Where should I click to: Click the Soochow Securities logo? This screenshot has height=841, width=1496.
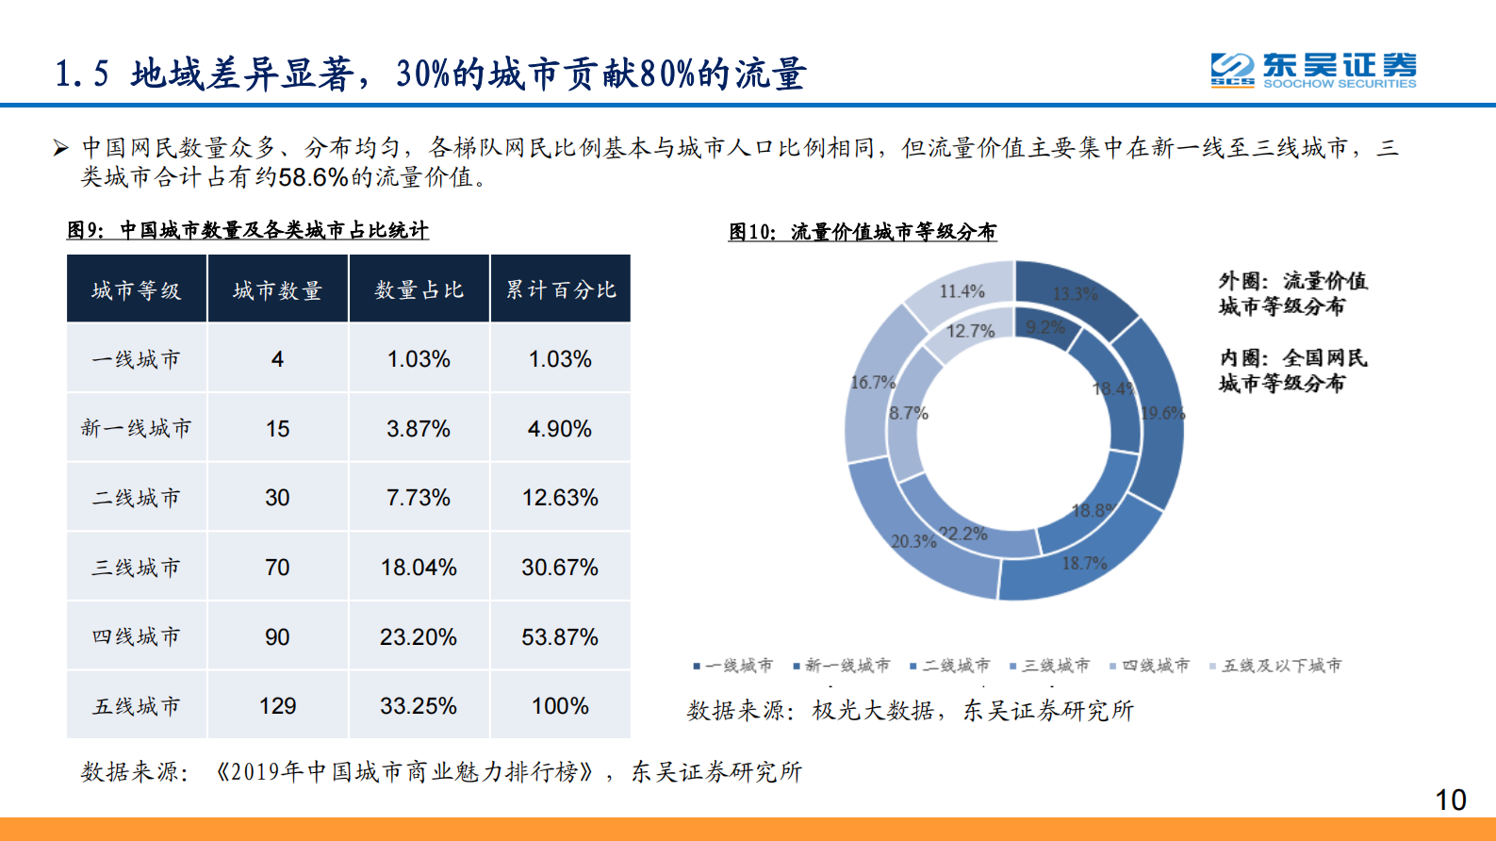(x=1312, y=70)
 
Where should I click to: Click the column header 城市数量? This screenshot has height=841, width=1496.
(x=277, y=290)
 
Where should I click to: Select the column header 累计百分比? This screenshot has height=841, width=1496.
(x=561, y=290)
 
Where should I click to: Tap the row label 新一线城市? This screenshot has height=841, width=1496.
(x=137, y=429)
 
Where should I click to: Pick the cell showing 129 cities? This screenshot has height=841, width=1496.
(x=277, y=706)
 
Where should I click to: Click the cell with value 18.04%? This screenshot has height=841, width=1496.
(x=419, y=568)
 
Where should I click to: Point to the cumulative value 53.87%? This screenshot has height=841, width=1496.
(x=560, y=637)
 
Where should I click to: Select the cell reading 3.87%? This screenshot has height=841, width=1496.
(x=419, y=429)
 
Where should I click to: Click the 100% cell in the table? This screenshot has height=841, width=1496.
(x=560, y=706)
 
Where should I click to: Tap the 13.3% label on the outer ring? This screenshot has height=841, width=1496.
(x=1075, y=294)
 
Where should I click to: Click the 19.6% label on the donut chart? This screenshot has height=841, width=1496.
(x=1162, y=413)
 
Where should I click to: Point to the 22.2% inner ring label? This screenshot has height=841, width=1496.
(x=964, y=534)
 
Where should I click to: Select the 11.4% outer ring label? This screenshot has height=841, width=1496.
(x=962, y=291)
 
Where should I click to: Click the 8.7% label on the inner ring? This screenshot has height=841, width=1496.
(x=909, y=413)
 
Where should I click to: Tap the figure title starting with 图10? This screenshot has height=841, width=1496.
(x=862, y=232)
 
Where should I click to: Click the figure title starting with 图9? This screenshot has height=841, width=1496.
(x=247, y=230)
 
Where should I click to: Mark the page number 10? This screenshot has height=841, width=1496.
(x=1450, y=800)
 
